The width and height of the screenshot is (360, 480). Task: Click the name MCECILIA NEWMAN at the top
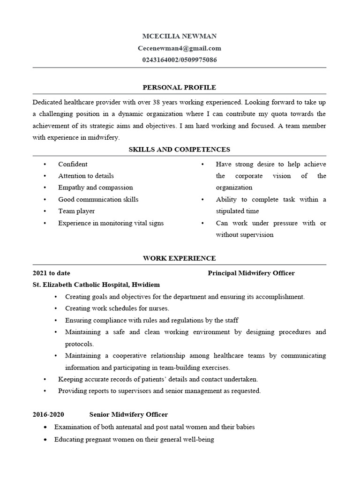click(179, 36)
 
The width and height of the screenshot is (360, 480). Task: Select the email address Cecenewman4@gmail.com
click(179, 48)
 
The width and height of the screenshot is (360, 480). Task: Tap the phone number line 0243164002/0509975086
click(179, 60)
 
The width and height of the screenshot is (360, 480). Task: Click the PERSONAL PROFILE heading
click(179, 87)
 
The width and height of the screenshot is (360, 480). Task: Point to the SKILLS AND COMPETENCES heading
click(179, 150)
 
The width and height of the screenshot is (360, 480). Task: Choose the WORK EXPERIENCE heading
click(179, 258)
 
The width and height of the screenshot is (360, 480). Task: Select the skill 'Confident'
click(73, 165)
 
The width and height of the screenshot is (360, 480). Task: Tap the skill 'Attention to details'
click(86, 176)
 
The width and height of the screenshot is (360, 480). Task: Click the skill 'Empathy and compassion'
click(95, 187)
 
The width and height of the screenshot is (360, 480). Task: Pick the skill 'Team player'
click(76, 211)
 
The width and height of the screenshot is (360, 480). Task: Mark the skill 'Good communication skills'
click(98, 200)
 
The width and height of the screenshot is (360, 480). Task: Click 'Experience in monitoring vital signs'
click(111, 223)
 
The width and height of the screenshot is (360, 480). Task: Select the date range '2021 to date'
click(52, 273)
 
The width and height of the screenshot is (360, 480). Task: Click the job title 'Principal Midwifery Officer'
click(251, 273)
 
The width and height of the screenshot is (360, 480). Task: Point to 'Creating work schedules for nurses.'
click(117, 308)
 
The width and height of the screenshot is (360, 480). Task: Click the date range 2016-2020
click(48, 415)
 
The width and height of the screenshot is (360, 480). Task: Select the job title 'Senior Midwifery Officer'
click(128, 415)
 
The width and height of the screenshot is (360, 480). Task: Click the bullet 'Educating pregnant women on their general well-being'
click(134, 440)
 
